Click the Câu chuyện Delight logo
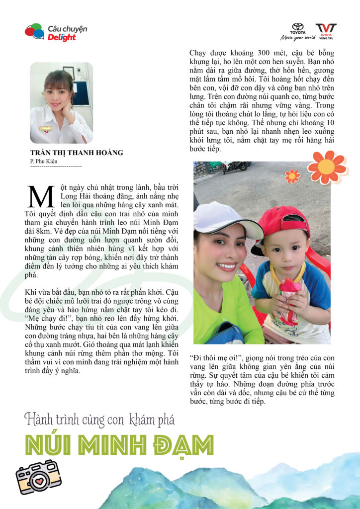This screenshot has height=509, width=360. [x=56, y=32]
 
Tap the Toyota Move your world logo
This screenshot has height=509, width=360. [x=297, y=31]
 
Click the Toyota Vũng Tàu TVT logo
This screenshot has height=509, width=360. [x=326, y=31]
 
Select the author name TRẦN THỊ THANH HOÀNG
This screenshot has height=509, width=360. [x=77, y=153]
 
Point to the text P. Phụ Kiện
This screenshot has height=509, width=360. [x=44, y=161]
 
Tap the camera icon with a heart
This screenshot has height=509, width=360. [x=38, y=476]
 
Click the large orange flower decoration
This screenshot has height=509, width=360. [x=327, y=167]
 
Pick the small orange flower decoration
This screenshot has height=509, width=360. [x=292, y=175]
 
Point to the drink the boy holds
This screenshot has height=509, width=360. [x=290, y=298]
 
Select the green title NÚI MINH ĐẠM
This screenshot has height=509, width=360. [x=119, y=444]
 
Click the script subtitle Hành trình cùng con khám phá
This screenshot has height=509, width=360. [x=99, y=420]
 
